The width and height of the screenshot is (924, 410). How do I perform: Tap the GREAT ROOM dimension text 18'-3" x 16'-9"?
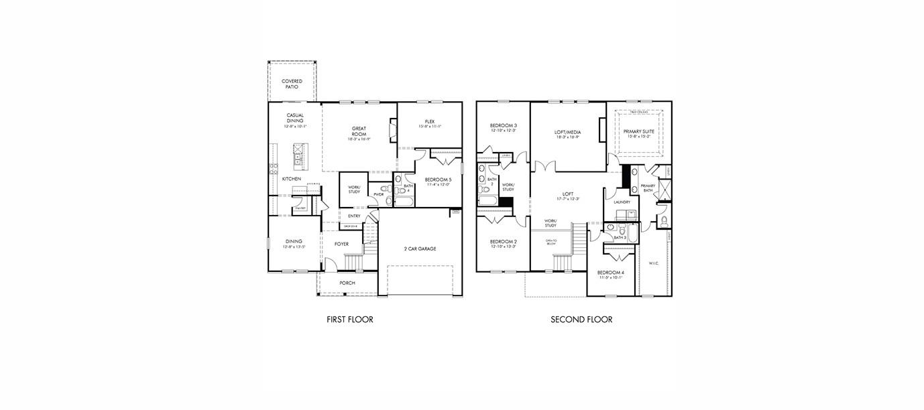coord(359,139)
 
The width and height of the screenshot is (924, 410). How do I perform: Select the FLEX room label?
coord(429,121)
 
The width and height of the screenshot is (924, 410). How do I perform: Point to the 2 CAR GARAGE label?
coord(420,249)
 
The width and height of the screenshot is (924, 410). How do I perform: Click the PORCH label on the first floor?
coord(347,283)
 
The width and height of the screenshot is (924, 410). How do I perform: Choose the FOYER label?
coord(341,244)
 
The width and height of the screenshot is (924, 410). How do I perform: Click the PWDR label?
coord(378,194)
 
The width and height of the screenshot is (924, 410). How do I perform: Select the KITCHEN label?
coord(291,179)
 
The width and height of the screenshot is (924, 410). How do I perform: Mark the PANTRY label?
coord(300,208)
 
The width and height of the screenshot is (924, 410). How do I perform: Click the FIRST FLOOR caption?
coord(349,320)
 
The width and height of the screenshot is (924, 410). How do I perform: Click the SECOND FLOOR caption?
coord(581,320)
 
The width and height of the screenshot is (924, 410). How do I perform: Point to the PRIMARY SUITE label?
coord(640,131)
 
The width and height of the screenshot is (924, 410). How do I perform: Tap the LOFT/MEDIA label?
coord(567,132)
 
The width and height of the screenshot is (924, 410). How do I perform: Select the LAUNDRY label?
coord(622,202)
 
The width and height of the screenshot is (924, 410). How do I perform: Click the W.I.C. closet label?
coord(654,263)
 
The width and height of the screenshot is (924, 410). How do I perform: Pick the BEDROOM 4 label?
coord(611,272)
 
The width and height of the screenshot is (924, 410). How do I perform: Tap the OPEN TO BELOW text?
coord(551,242)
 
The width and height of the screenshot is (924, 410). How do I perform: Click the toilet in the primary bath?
coord(663,220)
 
